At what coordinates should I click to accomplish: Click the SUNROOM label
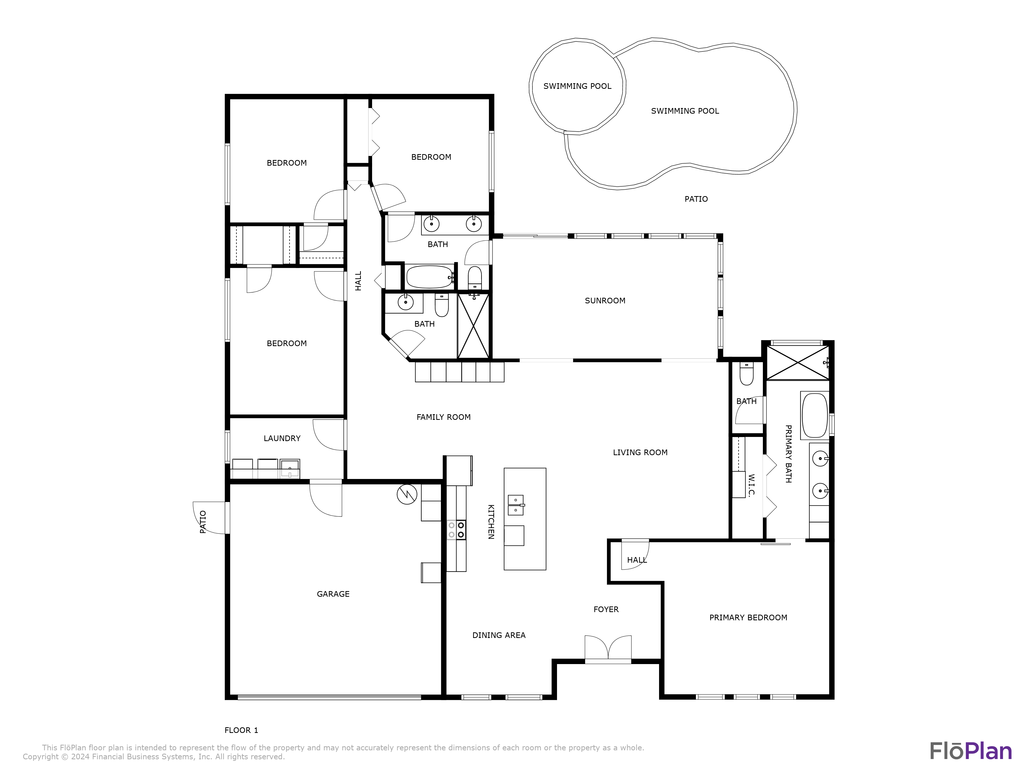(x=605, y=301)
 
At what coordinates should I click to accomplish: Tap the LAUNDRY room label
(x=282, y=438)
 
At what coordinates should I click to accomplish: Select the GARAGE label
(x=333, y=594)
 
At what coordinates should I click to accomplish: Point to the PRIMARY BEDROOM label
(x=748, y=617)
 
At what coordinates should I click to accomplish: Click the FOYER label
(x=606, y=609)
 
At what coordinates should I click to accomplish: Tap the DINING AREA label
(x=499, y=635)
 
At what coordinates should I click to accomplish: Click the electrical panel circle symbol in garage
(x=407, y=494)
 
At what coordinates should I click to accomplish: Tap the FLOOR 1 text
(x=241, y=730)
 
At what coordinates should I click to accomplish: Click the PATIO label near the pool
(x=696, y=199)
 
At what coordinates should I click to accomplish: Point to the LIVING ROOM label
(x=640, y=452)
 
